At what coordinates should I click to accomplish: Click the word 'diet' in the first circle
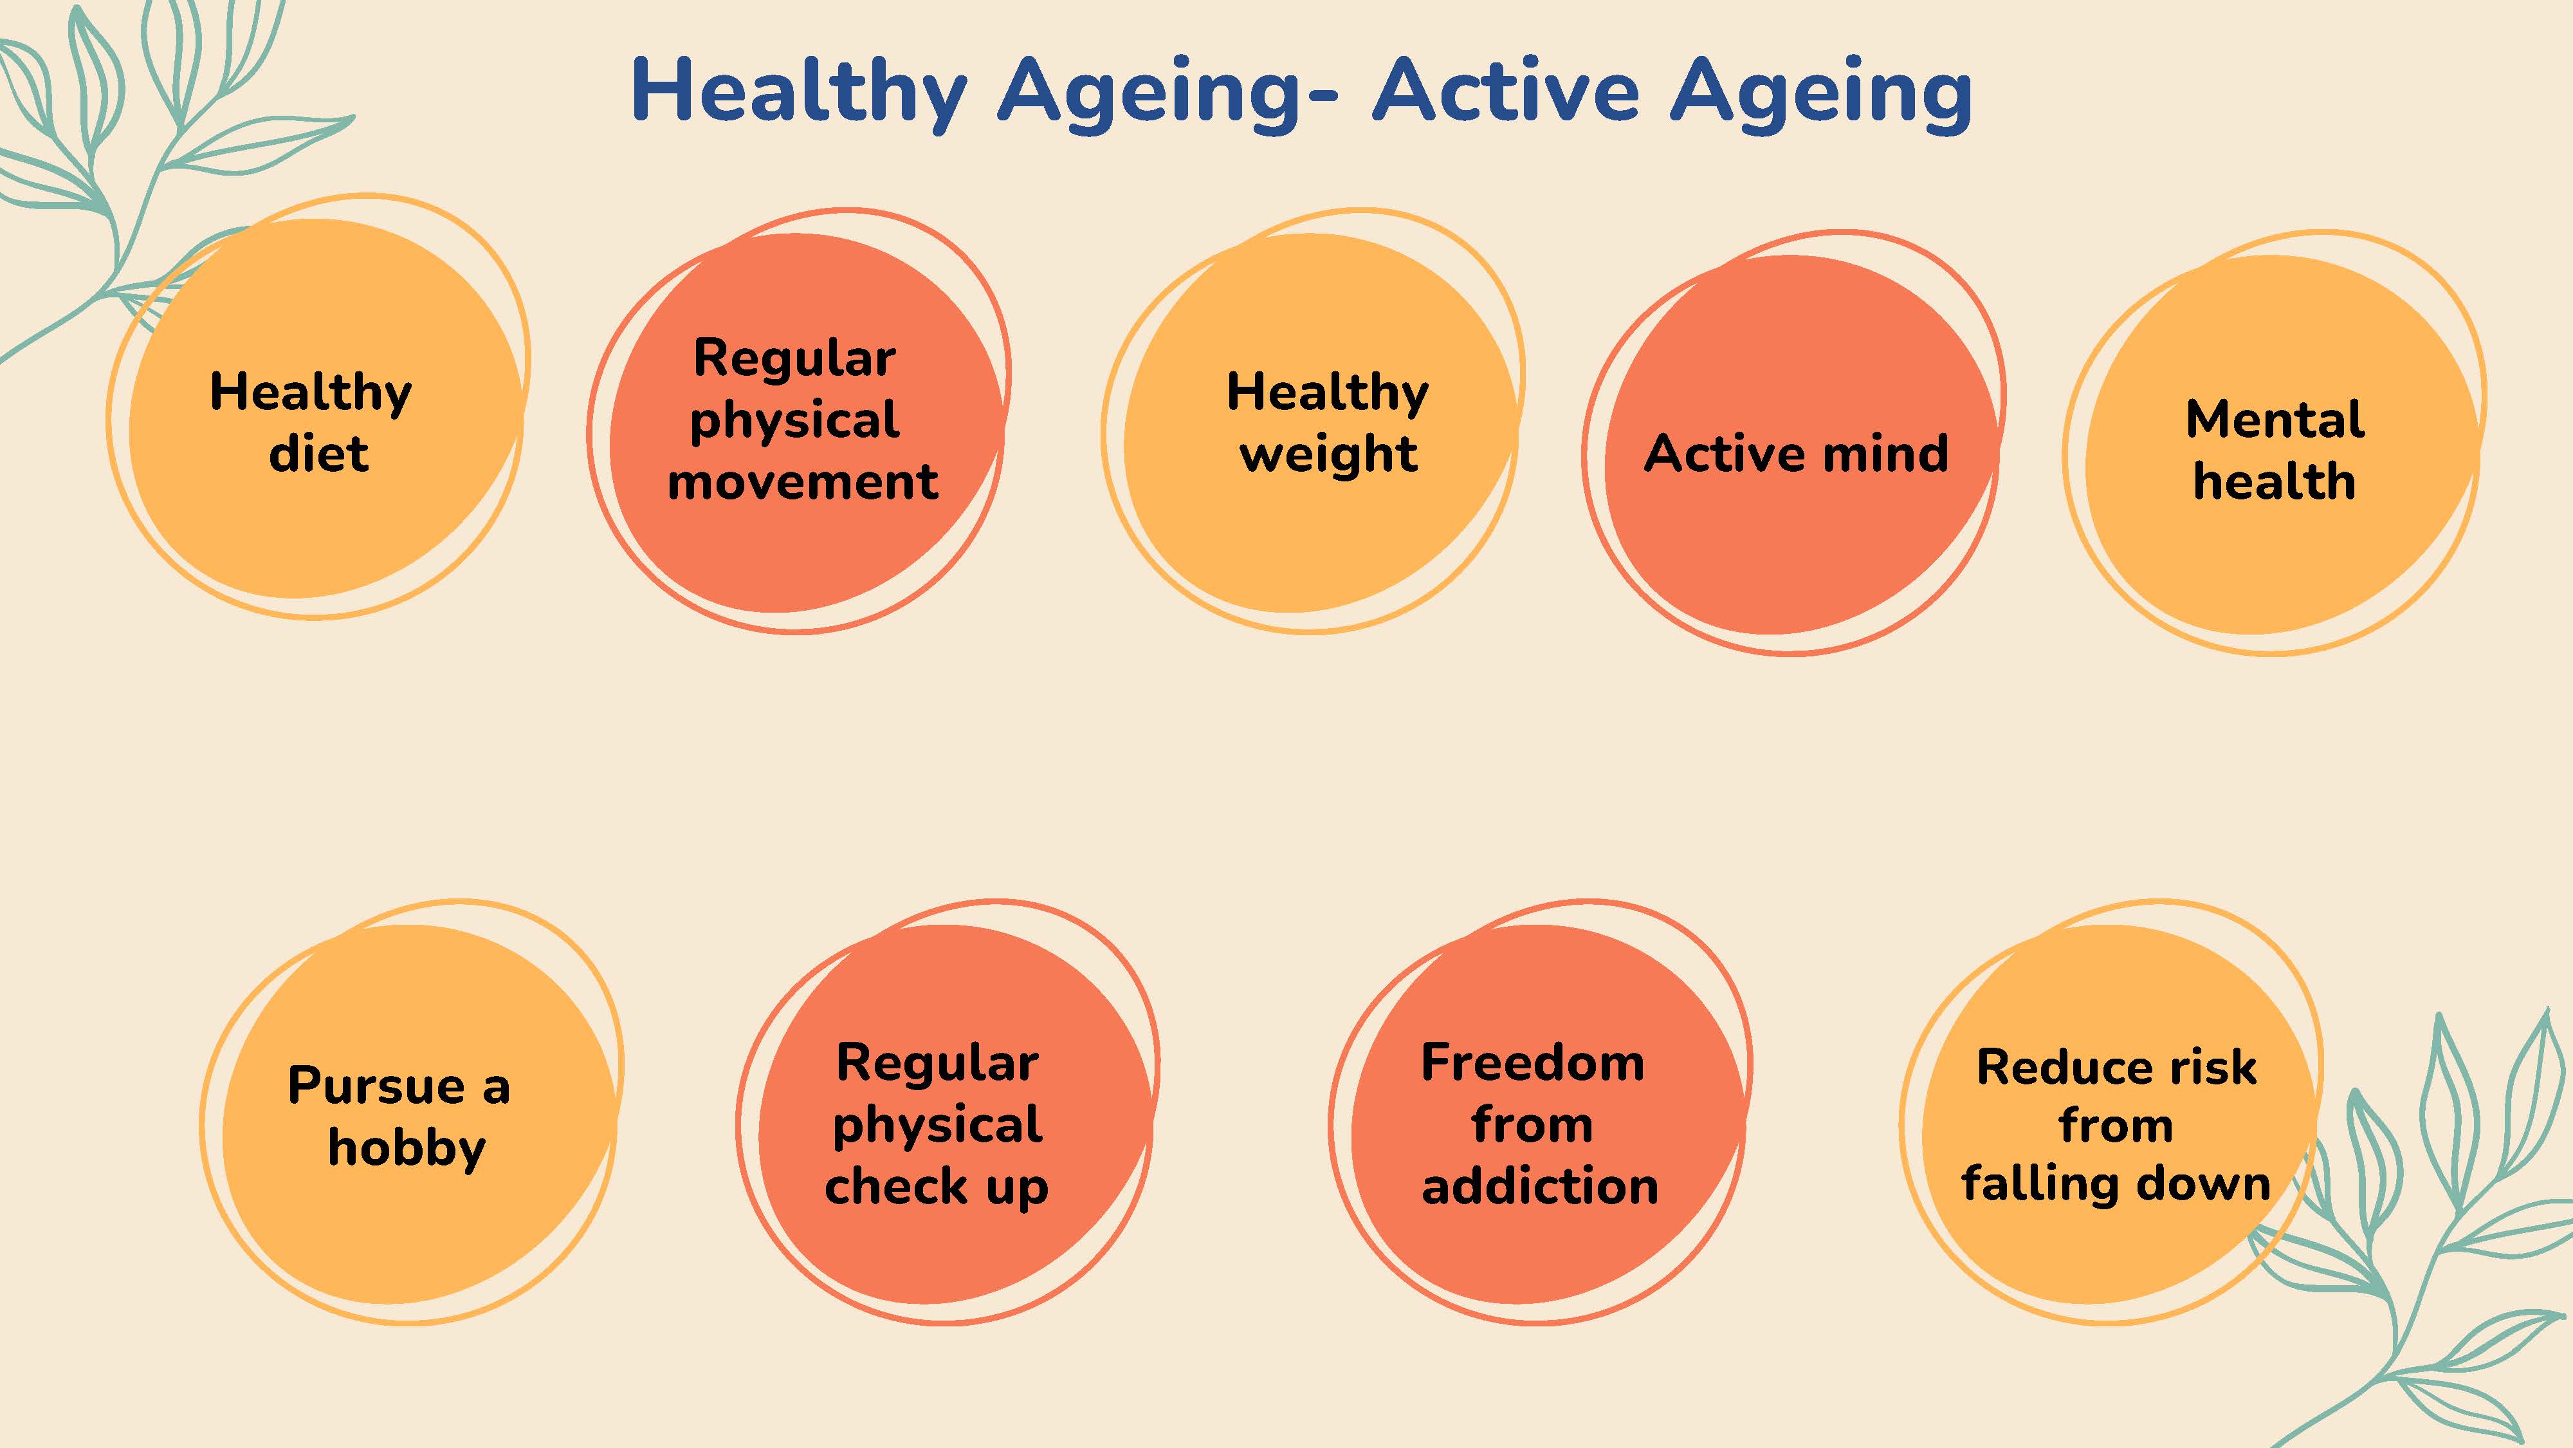(x=318, y=452)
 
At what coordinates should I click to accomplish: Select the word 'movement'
(x=803, y=481)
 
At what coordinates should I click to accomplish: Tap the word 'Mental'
(x=2275, y=419)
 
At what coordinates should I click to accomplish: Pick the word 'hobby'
(x=407, y=1147)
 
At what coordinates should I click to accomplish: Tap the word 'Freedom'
(x=1532, y=1063)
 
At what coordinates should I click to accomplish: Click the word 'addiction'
(x=1539, y=1186)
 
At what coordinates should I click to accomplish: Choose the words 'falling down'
(x=2116, y=1184)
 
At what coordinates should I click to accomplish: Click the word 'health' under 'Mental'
(x=2275, y=481)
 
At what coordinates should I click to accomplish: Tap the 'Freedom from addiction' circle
(x=1539, y=1112)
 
